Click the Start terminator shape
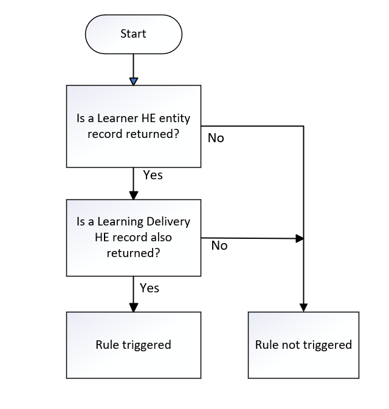click(133, 34)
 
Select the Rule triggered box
click(133, 345)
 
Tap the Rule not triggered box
click(303, 345)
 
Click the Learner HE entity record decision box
click(133, 126)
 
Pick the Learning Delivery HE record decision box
click(133, 238)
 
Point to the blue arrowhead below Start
click(134, 81)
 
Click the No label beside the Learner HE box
click(216, 138)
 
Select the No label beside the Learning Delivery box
click(219, 246)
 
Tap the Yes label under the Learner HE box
click(153, 175)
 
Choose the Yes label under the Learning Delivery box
click(150, 287)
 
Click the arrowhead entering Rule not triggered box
click(303, 308)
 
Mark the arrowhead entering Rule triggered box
click(133, 308)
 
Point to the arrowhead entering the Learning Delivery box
click(133, 196)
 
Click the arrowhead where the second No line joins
click(299, 239)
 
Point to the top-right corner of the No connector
click(303, 126)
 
